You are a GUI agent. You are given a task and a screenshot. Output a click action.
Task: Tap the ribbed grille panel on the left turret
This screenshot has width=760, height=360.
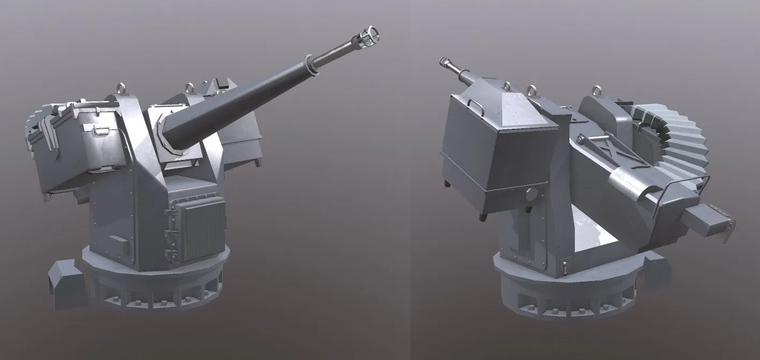(x=203, y=227)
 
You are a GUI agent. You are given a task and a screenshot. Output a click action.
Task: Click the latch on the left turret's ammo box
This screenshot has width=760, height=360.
(x=100, y=131)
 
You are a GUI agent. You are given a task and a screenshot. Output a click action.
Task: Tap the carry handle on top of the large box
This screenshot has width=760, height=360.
(x=474, y=106)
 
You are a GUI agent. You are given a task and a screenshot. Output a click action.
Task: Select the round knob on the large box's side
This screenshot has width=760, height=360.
(x=531, y=195)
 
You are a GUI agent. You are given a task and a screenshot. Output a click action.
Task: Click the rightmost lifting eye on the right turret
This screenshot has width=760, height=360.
(x=596, y=91)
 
